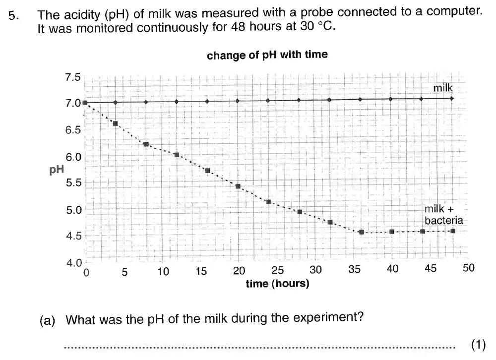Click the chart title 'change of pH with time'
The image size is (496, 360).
click(x=267, y=55)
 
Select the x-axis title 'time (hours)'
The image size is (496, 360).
click(x=277, y=284)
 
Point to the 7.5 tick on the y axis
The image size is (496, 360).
click(x=72, y=77)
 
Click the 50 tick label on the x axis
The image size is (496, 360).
click(x=468, y=268)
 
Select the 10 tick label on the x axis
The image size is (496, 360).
click(x=163, y=271)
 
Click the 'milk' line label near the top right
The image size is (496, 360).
click(x=443, y=88)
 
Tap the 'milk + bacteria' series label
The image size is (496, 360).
click(x=443, y=215)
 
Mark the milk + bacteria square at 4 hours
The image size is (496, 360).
click(x=116, y=123)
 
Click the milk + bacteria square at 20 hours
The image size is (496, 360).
click(x=238, y=186)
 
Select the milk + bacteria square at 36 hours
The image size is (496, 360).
click(x=361, y=232)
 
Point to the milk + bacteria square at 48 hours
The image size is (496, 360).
click(x=452, y=231)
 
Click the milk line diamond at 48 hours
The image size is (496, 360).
click(x=452, y=98)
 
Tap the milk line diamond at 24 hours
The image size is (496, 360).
click(x=268, y=101)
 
